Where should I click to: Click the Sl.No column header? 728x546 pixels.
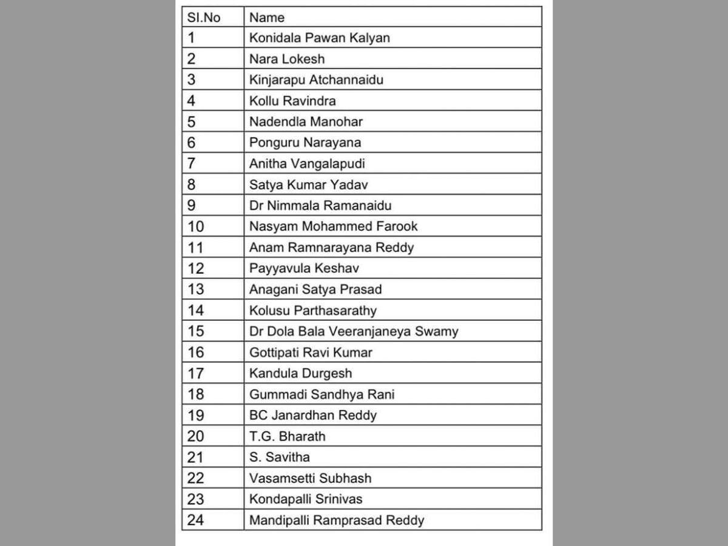pos(203,18)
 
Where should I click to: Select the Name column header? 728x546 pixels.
pos(267,18)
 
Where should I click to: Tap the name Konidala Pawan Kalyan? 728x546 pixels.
pos(319,38)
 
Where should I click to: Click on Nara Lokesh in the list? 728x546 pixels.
pos(287,59)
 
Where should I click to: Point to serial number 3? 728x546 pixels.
pos(192,80)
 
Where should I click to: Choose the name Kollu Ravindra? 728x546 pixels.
pos(292,101)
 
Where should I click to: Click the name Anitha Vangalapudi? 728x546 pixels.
pos(307,164)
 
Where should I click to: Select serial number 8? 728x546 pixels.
pos(192,184)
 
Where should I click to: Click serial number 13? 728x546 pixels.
pos(196,289)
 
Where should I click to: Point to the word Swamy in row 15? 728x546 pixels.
pos(437,331)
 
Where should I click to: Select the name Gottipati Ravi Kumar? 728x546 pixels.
pos(311,352)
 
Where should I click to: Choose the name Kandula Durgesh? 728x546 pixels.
pos(300,373)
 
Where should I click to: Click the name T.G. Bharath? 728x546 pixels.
pos(287,436)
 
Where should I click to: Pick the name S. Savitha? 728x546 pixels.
pos(279,457)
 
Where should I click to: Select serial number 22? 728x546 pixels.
pos(196,478)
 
